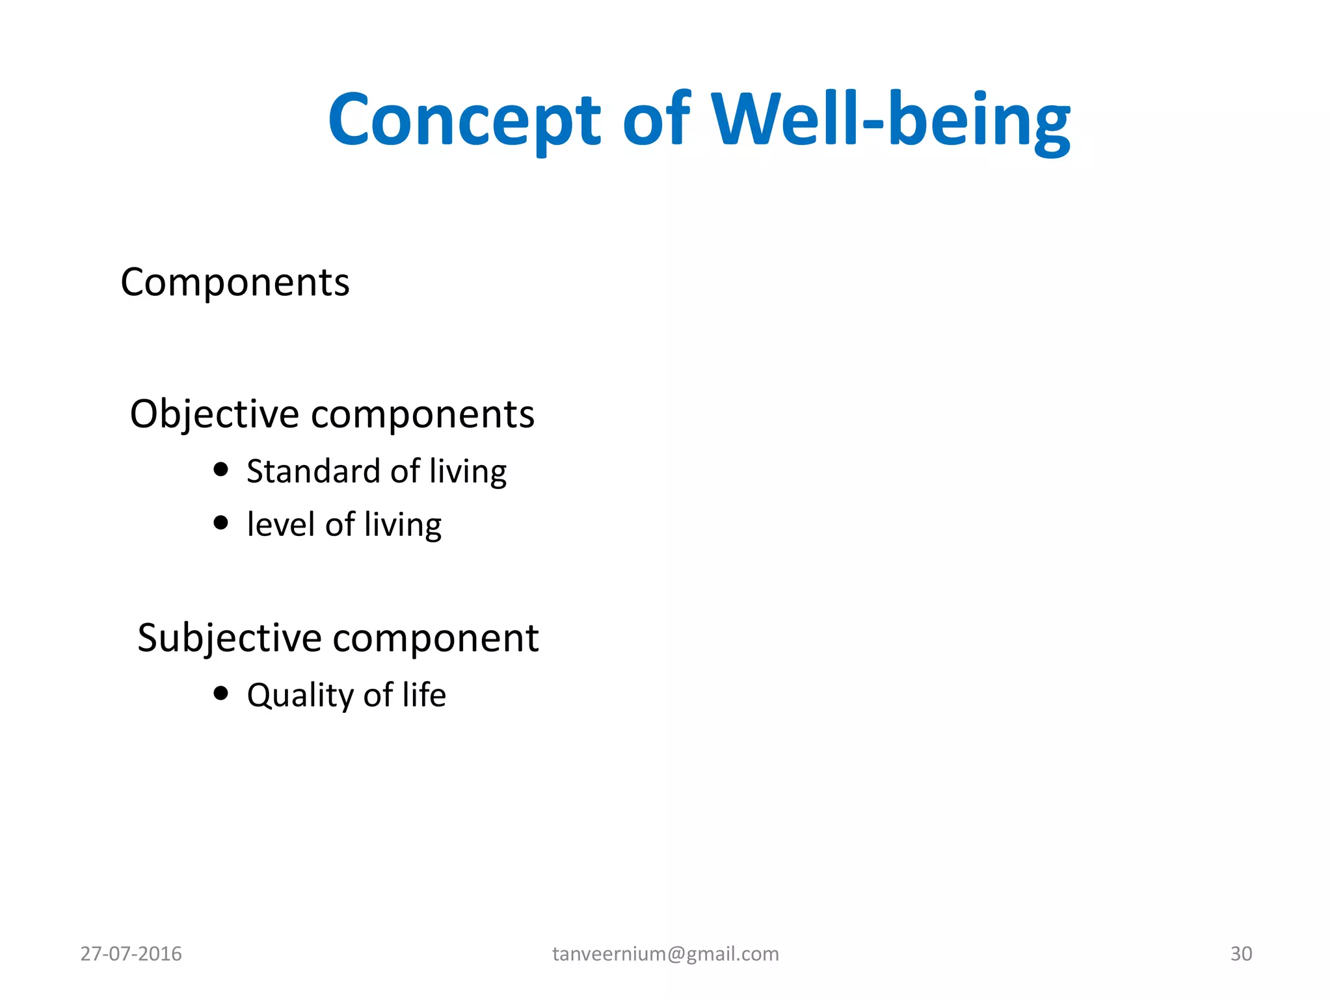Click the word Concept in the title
(x=464, y=121)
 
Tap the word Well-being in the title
(x=890, y=121)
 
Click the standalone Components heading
(x=235, y=283)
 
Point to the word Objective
(x=214, y=414)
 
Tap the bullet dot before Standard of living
(x=221, y=469)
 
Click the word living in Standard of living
(x=468, y=472)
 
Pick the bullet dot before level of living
(x=221, y=522)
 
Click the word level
(x=280, y=524)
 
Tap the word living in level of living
(x=403, y=526)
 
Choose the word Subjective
(x=229, y=638)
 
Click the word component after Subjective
(x=436, y=639)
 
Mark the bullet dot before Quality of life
(x=221, y=693)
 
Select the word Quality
(x=300, y=695)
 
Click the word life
(x=424, y=695)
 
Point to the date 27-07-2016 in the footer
(x=131, y=953)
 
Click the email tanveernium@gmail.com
(x=665, y=953)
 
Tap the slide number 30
(x=1241, y=953)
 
